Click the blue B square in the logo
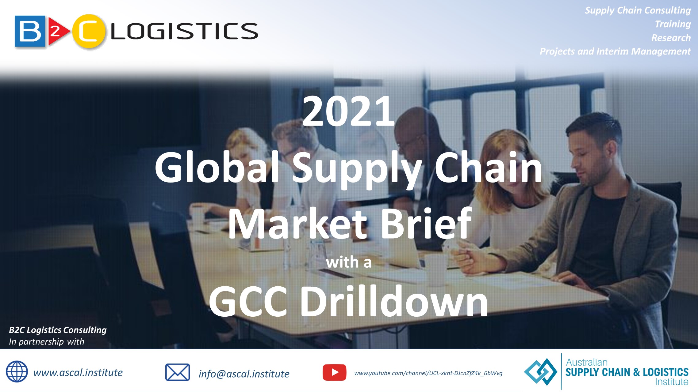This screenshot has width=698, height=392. pyautogui.click(x=30, y=31)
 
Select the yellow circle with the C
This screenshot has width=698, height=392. pyautogui.click(x=89, y=31)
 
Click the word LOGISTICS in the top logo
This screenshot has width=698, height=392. pyautogui.click(x=184, y=31)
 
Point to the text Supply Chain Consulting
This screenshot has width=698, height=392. pyautogui.click(x=638, y=11)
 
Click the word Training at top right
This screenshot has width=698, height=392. pyautogui.click(x=673, y=24)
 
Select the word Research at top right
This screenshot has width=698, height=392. pyautogui.click(x=671, y=38)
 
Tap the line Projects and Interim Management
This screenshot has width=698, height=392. pyautogui.click(x=615, y=51)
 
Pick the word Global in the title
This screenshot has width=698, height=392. pyautogui.click(x=217, y=167)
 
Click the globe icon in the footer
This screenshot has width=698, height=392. pyautogui.click(x=17, y=371)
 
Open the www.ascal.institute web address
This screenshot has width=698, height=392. pyautogui.click(x=78, y=372)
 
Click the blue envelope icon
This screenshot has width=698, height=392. pyautogui.click(x=177, y=372)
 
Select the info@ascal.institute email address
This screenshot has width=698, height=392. pyautogui.click(x=244, y=374)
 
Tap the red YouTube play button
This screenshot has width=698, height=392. pyautogui.click(x=335, y=372)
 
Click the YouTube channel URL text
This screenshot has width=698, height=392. pyautogui.click(x=428, y=373)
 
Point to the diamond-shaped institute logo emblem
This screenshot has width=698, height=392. pyautogui.click(x=540, y=372)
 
